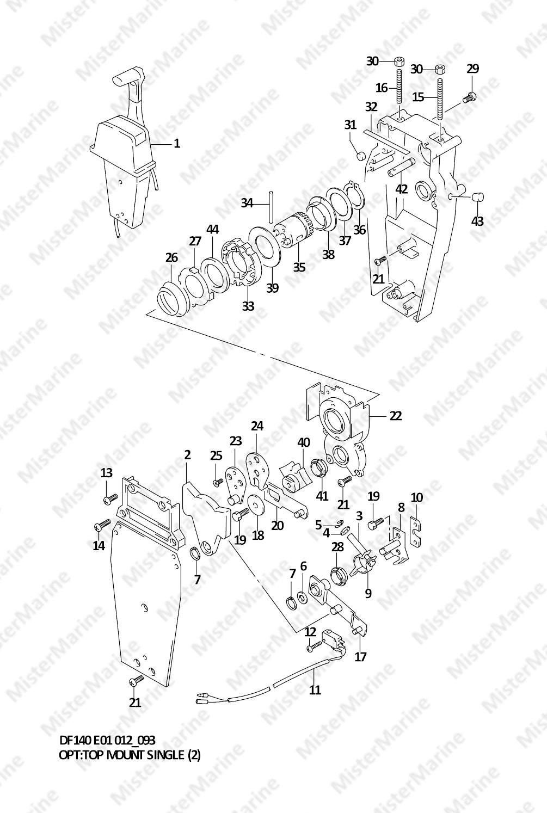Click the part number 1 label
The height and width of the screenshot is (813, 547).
click(x=176, y=144)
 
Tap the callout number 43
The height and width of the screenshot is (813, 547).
click(x=477, y=221)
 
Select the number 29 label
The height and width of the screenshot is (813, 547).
click(x=472, y=69)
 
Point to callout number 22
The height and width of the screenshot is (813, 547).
click(x=396, y=416)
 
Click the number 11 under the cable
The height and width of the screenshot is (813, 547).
click(x=315, y=690)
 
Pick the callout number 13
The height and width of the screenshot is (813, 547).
click(x=107, y=473)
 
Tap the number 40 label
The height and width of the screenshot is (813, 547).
click(x=303, y=443)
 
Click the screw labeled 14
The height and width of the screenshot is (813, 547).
click(x=102, y=525)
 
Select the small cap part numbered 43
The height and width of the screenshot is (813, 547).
click(x=477, y=197)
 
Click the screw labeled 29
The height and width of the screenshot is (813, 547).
click(x=468, y=98)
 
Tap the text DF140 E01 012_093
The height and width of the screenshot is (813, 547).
click(x=107, y=740)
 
